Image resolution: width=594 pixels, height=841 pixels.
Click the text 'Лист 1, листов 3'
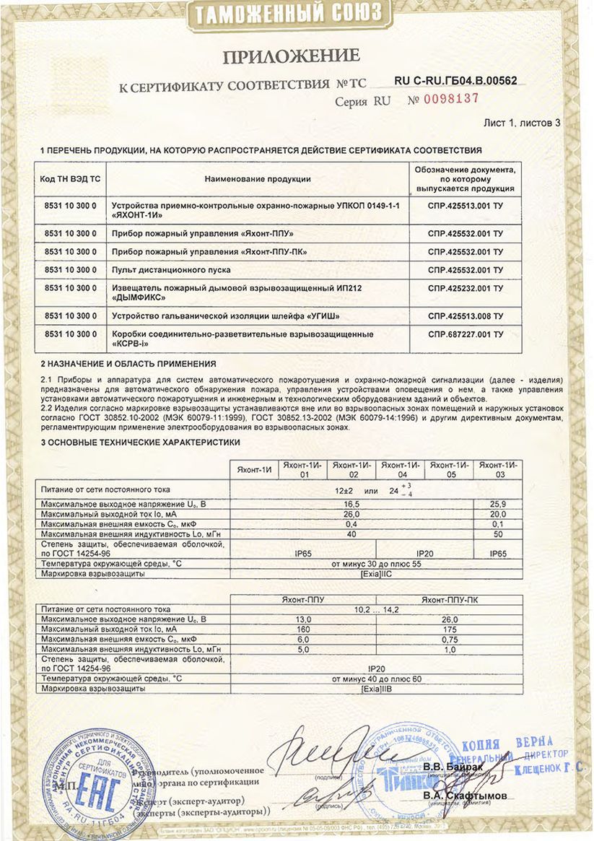[x=521, y=123]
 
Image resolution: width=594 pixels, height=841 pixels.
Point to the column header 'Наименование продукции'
[x=258, y=178]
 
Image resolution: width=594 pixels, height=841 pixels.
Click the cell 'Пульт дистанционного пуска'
[x=172, y=270]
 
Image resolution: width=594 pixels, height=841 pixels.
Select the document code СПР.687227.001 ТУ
[x=466, y=334]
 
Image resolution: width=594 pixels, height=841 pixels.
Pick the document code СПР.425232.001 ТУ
[x=466, y=288]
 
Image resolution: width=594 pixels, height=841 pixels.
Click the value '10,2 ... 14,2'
[x=376, y=609]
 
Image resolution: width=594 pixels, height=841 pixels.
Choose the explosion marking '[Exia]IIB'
[x=376, y=689]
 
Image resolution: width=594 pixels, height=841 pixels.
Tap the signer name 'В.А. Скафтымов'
[x=465, y=796]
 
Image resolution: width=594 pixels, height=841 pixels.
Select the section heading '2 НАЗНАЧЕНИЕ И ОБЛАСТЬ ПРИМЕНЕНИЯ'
[x=128, y=364]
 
